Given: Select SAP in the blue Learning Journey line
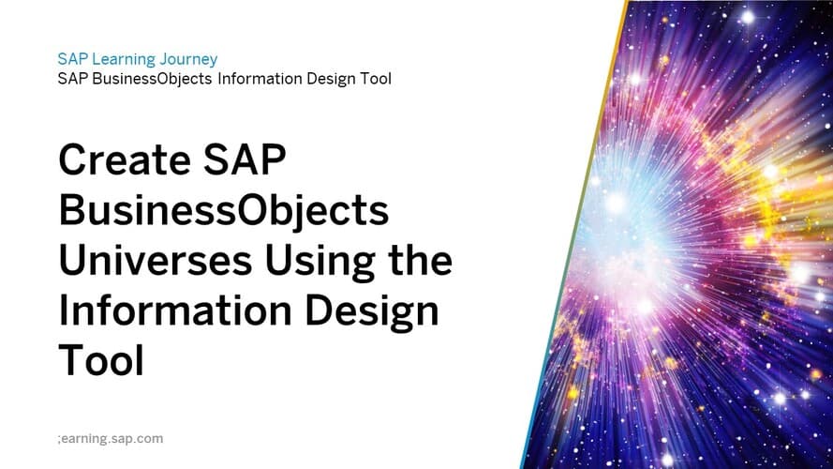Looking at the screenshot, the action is pos(73,59).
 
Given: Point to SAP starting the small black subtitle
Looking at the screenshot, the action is pos(73,79).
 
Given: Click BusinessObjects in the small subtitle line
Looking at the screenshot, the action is pos(152,79).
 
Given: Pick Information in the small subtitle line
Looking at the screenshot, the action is pos(260,79).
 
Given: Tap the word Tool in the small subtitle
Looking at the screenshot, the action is pos(376,79).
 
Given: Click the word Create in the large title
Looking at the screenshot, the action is pos(125,159).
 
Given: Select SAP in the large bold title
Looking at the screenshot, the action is pos(245,159).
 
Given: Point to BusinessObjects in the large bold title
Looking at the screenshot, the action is pos(224,210).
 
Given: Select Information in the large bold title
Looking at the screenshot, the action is pos(175,310).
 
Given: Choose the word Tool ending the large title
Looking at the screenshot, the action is pos(101,360).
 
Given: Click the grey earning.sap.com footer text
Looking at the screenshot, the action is pos(112,439).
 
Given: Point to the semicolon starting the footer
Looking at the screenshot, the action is pos(60,439).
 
